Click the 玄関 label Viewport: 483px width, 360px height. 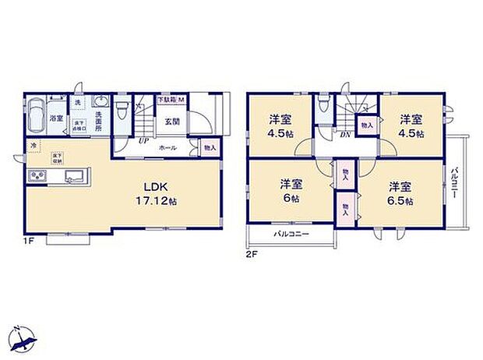click(x=172, y=122)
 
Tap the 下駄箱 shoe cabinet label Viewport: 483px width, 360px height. click(x=167, y=100)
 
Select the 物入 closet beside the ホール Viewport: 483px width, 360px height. click(x=209, y=147)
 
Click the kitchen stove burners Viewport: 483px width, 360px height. click(x=37, y=178)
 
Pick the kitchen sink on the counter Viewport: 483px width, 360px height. click(x=72, y=175)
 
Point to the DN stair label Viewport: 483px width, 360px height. click(x=344, y=134)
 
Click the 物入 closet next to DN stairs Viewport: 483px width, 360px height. click(x=366, y=122)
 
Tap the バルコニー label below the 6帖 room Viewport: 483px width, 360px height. click(x=291, y=235)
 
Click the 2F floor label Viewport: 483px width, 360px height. click(x=252, y=254)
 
